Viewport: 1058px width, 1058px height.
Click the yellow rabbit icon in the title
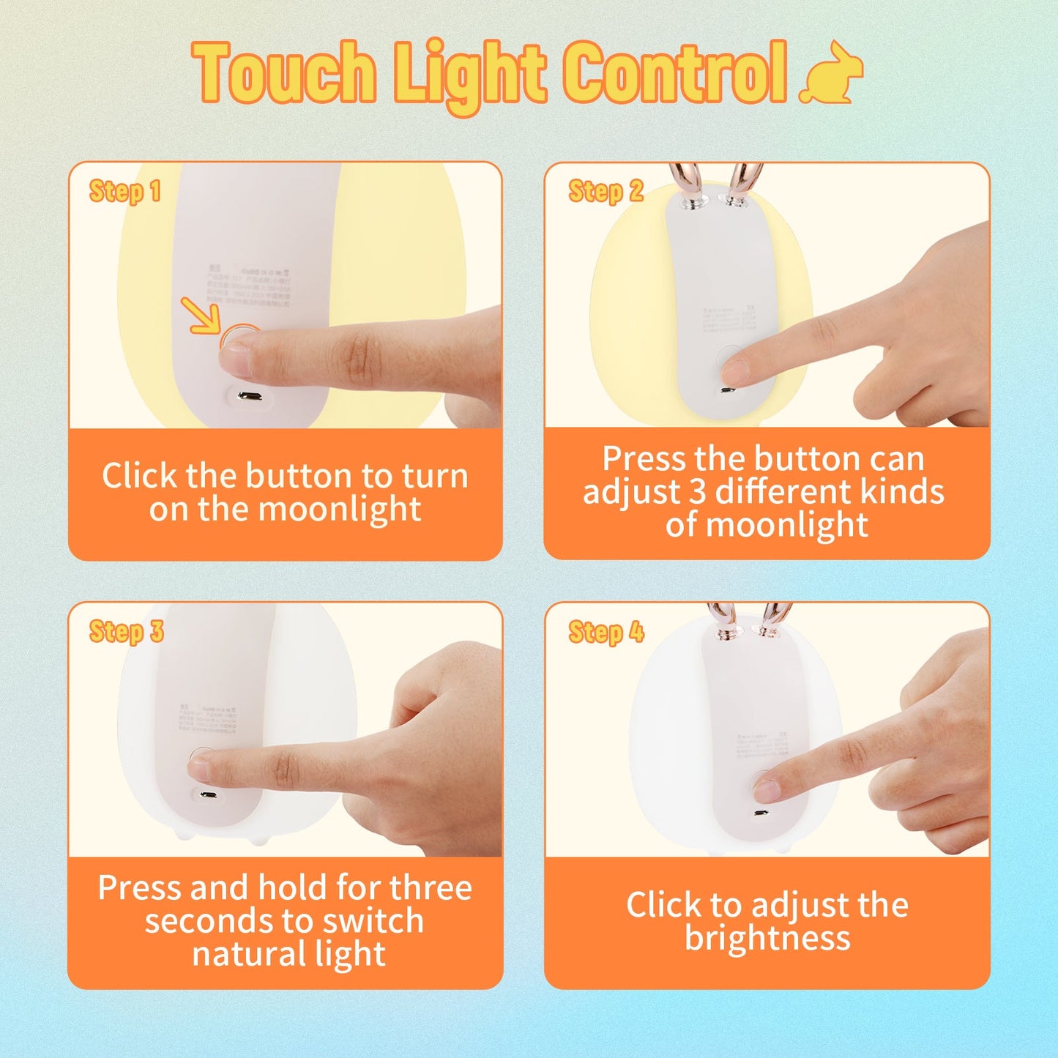(x=832, y=74)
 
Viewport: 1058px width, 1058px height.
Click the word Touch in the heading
(x=285, y=72)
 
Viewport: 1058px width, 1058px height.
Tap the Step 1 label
(x=124, y=192)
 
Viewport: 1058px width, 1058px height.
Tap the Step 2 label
(x=606, y=192)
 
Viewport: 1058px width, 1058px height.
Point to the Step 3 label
(x=126, y=632)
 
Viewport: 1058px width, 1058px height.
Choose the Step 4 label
(x=606, y=632)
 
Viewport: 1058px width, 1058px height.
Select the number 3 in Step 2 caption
(x=697, y=491)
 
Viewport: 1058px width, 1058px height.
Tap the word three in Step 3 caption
(x=431, y=888)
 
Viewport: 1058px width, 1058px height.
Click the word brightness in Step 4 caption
(x=767, y=938)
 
